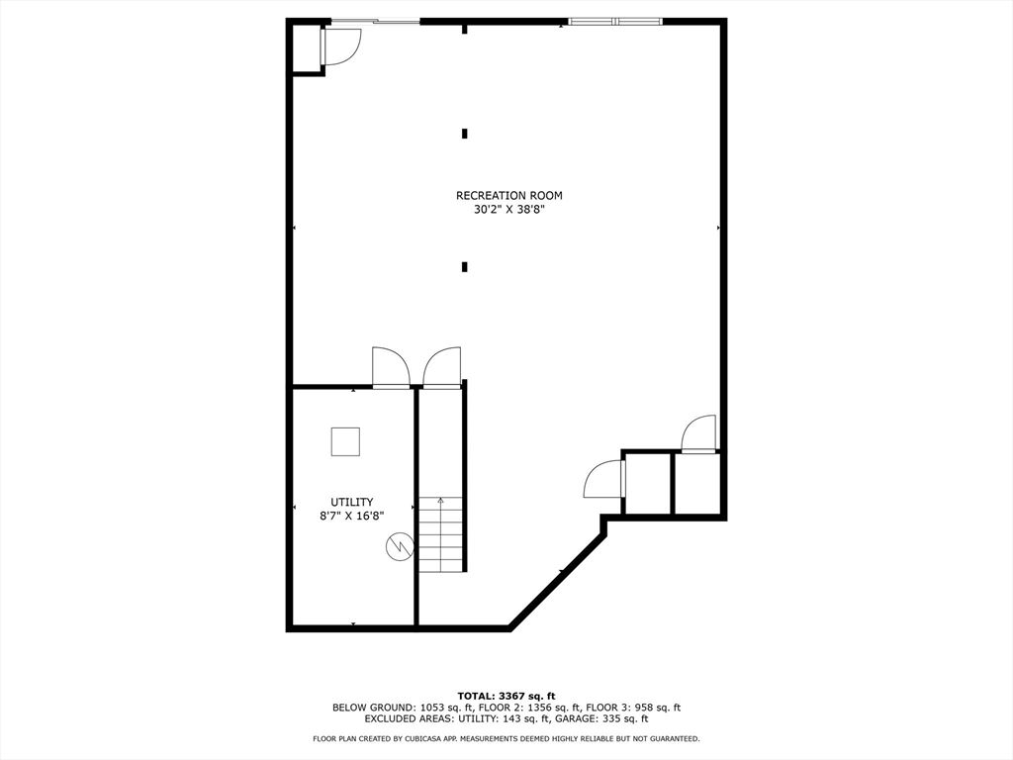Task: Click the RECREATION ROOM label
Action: [509, 195]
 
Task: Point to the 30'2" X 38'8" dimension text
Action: [509, 210]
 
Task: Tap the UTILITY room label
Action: [352, 502]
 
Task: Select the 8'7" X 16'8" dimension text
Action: [352, 516]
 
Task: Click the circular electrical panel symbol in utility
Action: [399, 547]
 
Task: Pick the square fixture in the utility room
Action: [345, 442]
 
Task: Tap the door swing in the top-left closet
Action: [340, 47]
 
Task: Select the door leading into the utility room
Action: [391, 368]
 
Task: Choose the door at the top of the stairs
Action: [442, 368]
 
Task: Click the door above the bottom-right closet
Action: [699, 434]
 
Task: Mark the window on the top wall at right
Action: [615, 22]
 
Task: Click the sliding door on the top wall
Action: [375, 22]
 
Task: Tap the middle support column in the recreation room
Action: [465, 134]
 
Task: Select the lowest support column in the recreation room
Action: [465, 267]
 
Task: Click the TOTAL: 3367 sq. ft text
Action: [506, 696]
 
